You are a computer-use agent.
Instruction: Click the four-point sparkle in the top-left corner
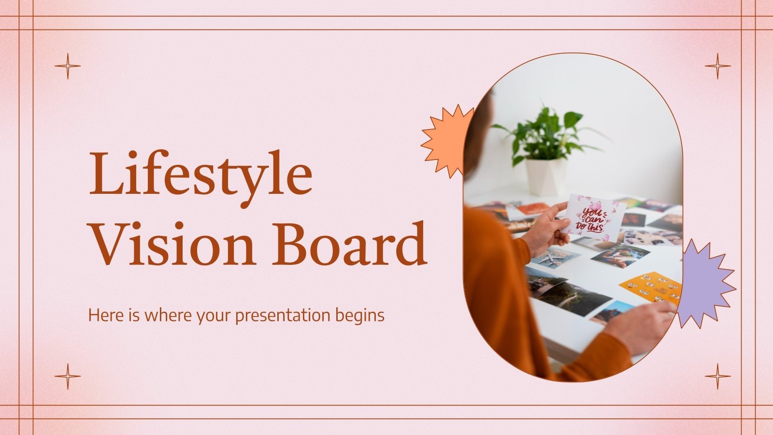point(68,66)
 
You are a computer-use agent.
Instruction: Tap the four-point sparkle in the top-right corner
point(718,66)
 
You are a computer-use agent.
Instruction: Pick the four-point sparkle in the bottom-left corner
point(68,376)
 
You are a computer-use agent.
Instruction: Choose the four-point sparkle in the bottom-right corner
point(718,376)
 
